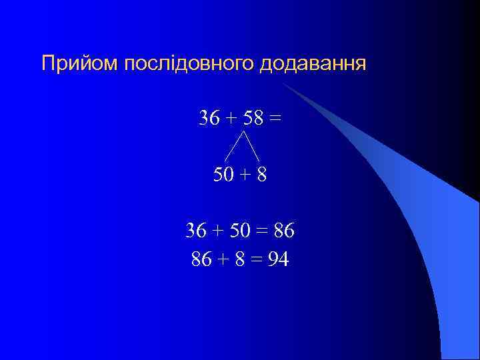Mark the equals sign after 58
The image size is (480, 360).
coord(274,118)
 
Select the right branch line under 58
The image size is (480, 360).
coord(252,147)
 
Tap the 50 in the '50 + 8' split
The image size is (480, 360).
coord(224,175)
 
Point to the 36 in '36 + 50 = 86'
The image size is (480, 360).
coord(197,231)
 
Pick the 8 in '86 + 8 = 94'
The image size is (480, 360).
coord(239,259)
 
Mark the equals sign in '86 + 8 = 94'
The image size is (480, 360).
coord(257,259)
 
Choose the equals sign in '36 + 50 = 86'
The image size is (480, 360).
coord(261,231)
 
